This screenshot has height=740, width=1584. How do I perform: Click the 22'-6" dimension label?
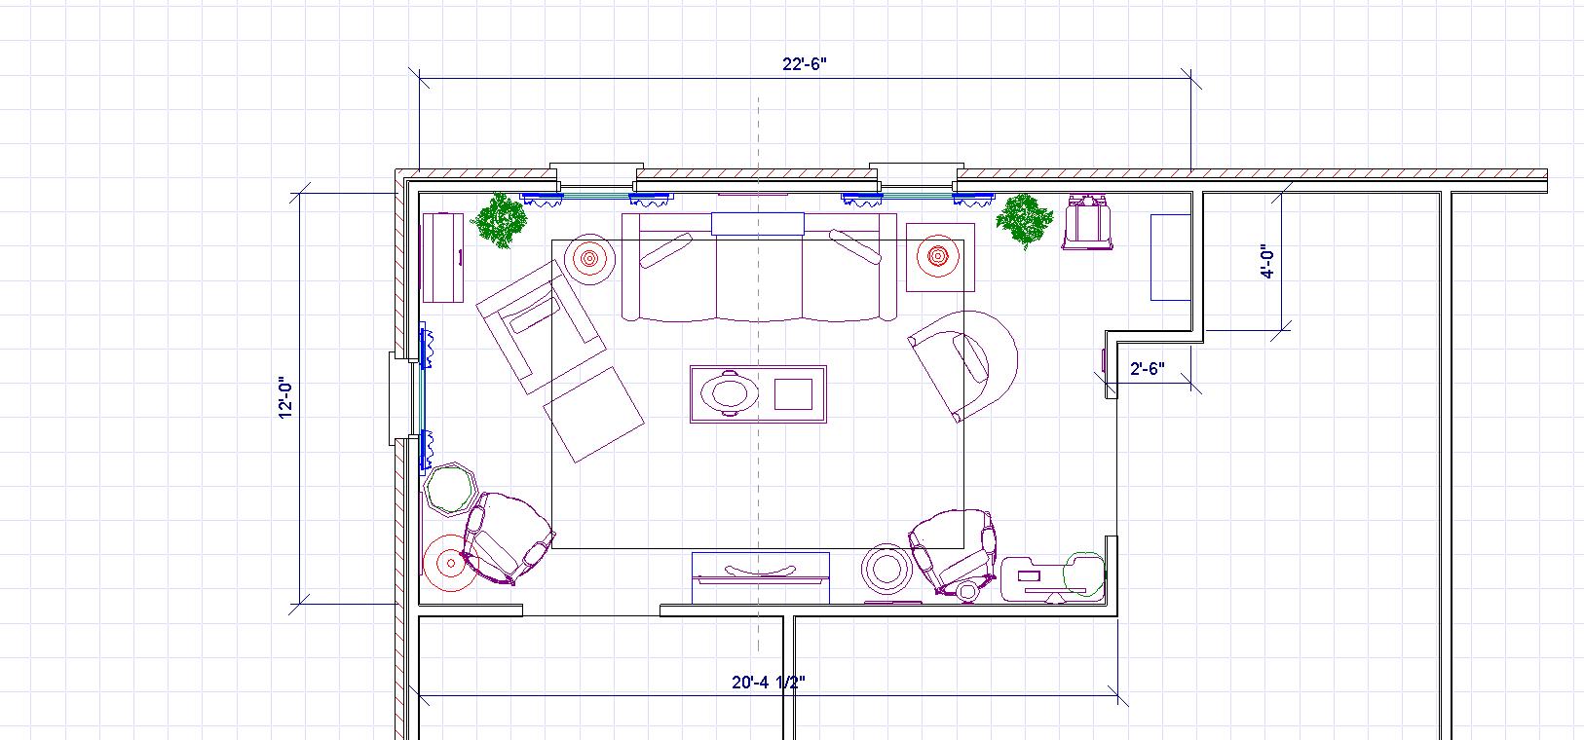(804, 64)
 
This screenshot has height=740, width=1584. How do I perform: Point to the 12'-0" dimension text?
(285, 397)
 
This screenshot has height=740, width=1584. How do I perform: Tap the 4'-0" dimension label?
(1268, 262)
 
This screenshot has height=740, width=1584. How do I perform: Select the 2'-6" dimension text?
(1147, 369)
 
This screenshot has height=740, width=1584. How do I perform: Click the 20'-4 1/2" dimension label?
(768, 682)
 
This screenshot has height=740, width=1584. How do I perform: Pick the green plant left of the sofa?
(502, 220)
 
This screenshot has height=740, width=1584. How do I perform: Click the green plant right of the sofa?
(1024, 220)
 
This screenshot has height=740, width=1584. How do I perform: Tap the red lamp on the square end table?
(938, 256)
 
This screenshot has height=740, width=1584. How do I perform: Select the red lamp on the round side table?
(589, 259)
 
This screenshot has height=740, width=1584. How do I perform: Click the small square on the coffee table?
(793, 394)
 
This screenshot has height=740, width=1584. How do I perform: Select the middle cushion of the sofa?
(759, 277)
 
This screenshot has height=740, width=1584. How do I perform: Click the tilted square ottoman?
(593, 414)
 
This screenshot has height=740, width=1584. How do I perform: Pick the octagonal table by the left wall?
(450, 488)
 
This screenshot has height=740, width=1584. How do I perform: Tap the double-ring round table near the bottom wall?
(886, 569)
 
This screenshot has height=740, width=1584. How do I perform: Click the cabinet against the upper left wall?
(442, 257)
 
